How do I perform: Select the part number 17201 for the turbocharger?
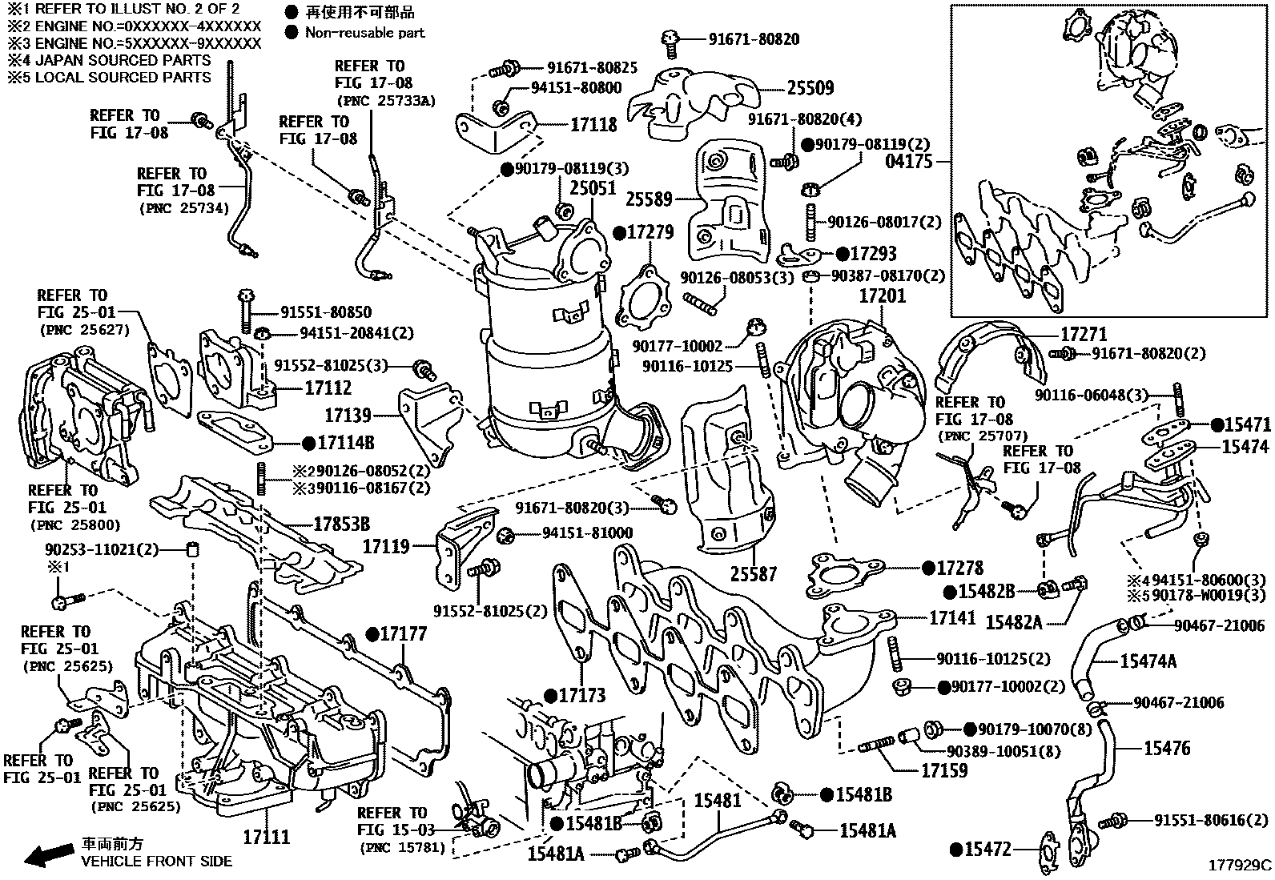(882, 296)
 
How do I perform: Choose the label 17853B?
(341, 524)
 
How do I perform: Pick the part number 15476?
(1166, 749)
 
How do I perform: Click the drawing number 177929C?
(1240, 866)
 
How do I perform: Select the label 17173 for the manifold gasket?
(582, 695)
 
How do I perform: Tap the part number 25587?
(754, 574)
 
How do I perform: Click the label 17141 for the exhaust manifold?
(952, 617)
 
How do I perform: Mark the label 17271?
(1084, 334)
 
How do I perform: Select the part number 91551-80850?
(326, 312)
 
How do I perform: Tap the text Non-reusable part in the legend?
(364, 33)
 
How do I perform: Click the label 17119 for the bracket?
(386, 547)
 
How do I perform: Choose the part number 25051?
(593, 187)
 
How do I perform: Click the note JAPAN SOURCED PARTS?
(120, 60)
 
